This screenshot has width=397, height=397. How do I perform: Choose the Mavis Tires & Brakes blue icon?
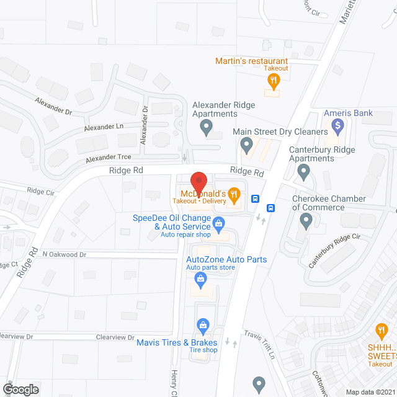click(202, 325)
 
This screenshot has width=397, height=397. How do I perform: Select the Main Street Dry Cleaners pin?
click(246, 146)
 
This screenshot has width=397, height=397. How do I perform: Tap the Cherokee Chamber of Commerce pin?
click(306, 220)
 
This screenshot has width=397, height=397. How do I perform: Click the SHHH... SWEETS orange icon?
click(381, 330)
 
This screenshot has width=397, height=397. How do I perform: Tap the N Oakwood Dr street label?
click(64, 254)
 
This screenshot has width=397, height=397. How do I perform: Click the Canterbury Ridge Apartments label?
click(321, 154)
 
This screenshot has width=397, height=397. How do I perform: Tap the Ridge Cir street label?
click(40, 190)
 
